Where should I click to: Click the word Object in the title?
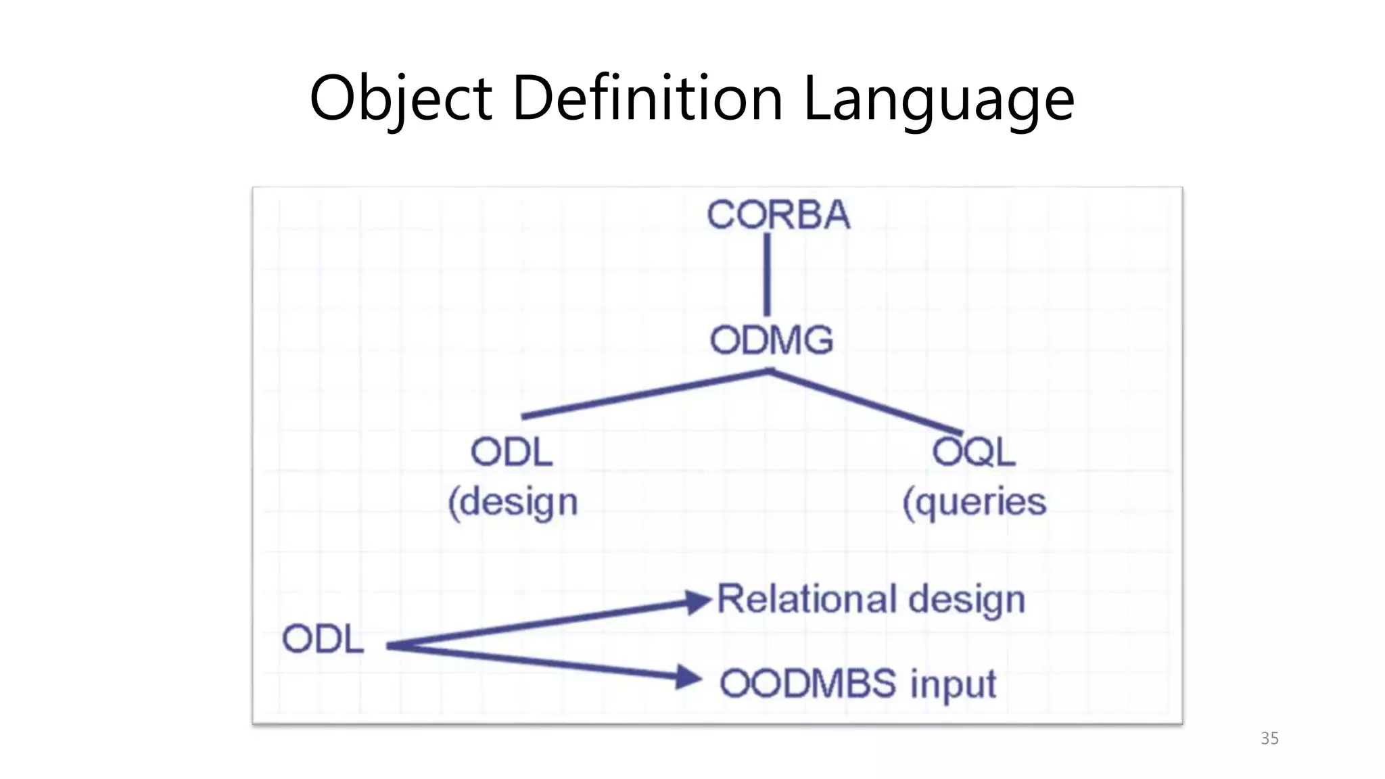pos(400,98)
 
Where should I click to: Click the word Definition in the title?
pos(647,98)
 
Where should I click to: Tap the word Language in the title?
pos(938,98)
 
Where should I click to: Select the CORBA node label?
pos(778,215)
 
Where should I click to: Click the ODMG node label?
pos(772,340)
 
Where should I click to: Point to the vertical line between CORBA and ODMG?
pos(767,274)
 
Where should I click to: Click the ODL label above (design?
pos(512,452)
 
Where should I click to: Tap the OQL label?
pos(974,452)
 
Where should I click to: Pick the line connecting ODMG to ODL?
pos(646,394)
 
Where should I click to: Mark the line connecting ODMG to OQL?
pos(866,402)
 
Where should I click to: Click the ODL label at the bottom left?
pos(323,639)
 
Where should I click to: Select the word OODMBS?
pos(808,684)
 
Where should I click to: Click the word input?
pos(953,684)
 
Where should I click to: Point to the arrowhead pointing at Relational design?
pos(697,601)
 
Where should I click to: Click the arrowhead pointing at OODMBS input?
pos(688,677)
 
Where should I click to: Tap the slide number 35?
pos(1269,738)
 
